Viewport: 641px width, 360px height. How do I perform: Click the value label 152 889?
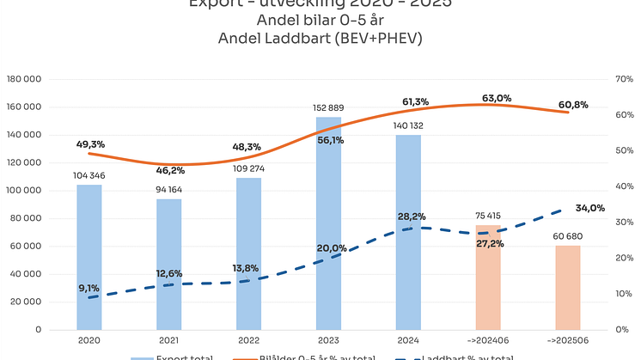coord(328,107)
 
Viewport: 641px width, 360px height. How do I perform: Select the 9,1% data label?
coord(89,289)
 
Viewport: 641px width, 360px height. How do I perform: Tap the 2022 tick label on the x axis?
coord(248,341)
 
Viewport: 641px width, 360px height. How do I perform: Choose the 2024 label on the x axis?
coord(408,341)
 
